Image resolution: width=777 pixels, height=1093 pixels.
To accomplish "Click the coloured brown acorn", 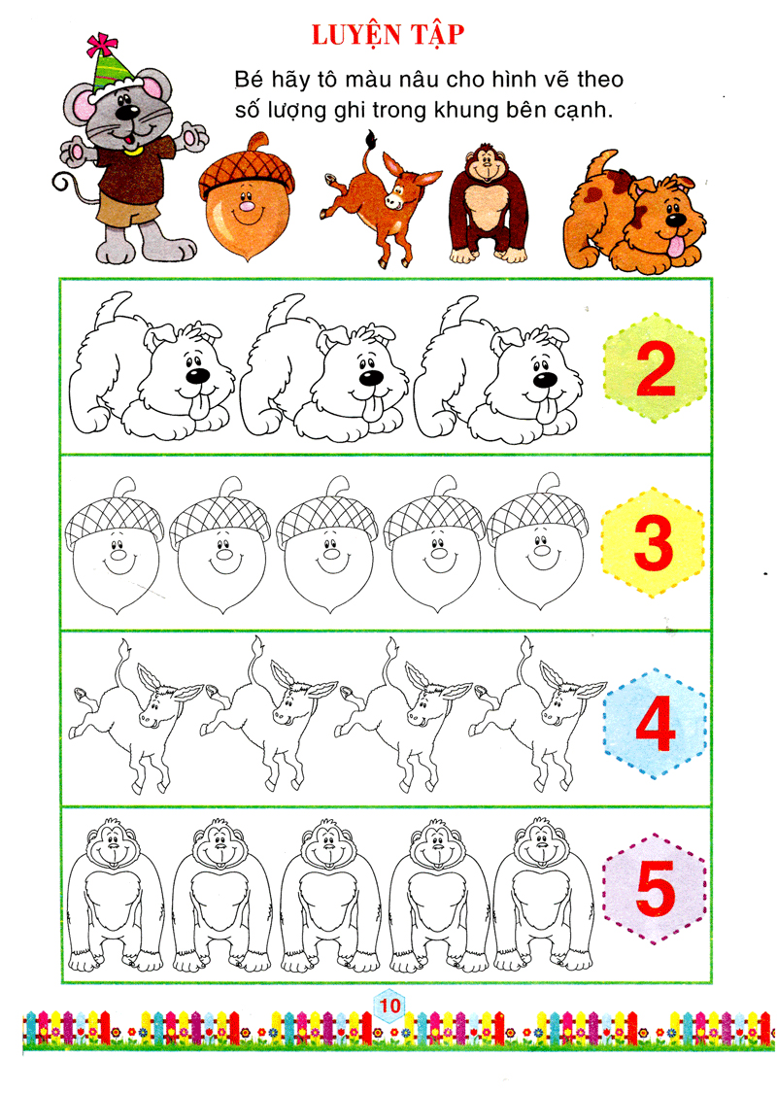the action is tap(246, 196).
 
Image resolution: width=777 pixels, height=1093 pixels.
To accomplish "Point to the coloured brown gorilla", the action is tap(488, 204).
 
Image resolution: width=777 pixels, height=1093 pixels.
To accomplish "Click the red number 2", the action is tap(656, 370).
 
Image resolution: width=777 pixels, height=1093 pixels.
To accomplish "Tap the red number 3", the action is tap(654, 543).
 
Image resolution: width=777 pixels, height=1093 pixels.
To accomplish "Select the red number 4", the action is tap(656, 724).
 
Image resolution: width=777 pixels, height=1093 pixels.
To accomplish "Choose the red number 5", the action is tap(655, 887).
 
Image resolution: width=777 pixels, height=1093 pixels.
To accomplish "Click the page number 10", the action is tap(390, 1005).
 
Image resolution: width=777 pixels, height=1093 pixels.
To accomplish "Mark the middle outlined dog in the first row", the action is tap(324, 368).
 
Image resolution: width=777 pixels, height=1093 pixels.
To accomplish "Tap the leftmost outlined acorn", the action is tap(115, 545).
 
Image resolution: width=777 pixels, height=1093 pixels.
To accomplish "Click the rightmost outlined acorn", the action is tap(537, 541).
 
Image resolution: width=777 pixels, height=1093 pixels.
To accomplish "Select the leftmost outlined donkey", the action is tap(135, 717).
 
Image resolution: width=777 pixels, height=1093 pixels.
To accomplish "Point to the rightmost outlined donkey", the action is tap(537, 714).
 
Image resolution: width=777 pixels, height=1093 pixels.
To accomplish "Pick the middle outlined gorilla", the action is tap(330, 896).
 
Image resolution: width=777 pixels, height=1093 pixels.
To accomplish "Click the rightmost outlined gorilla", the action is tap(543, 895).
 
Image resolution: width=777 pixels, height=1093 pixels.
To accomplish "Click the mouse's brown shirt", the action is tap(132, 170).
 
